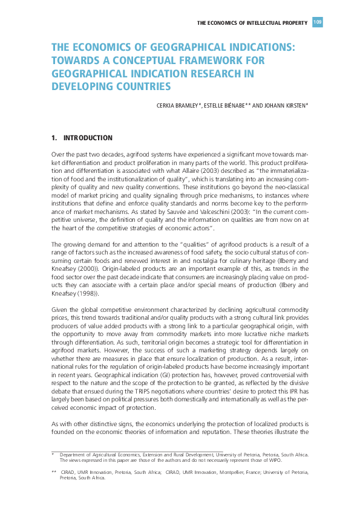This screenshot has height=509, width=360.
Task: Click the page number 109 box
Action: click(318, 22)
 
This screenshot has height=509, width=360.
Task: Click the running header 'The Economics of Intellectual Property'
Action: click(252, 23)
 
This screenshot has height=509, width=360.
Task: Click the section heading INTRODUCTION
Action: click(88, 138)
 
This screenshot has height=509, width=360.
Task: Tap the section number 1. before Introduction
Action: click(54, 138)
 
